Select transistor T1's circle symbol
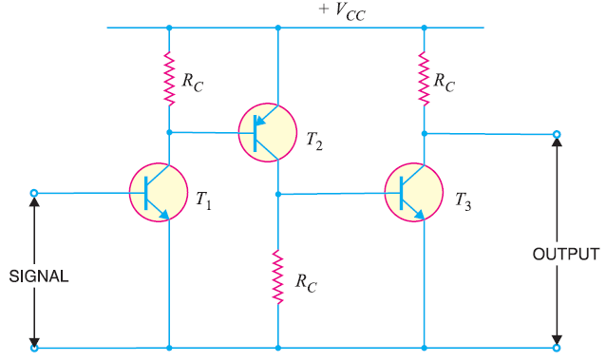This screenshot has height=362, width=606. coord(158,194)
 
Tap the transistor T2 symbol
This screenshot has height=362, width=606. coord(267,132)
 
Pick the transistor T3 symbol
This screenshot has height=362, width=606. coord(414,194)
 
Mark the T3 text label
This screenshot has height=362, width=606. coord(463,200)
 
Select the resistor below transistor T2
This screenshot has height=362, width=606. coord(278,276)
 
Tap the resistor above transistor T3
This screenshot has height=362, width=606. coord(424,77)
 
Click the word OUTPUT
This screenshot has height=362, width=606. coord(565,255)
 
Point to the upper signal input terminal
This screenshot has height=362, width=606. coord(34,194)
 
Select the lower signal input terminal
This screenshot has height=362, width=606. coord(34,348)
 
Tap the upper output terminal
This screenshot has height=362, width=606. coord(557,134)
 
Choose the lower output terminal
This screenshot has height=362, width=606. coord(557,348)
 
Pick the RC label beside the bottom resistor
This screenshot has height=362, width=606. coord(307,282)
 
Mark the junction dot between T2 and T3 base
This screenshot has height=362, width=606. coord(278,194)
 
